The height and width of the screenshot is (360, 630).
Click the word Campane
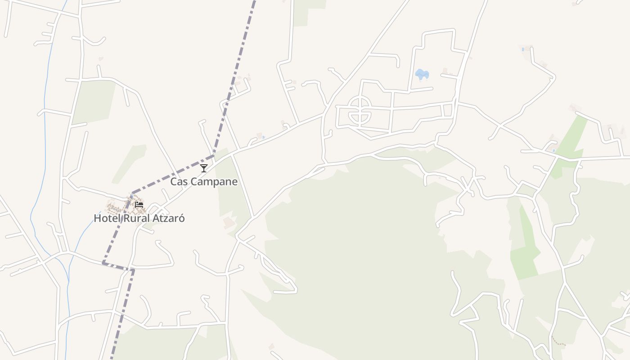coord(213,182)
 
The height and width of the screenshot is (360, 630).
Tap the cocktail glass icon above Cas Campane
coord(204,168)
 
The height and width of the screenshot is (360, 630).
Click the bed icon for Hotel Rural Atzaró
coord(139,204)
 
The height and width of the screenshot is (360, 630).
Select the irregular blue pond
coord(422,74)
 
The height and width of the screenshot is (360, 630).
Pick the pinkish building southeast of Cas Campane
coord(229,222)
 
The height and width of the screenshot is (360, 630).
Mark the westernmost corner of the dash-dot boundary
coord(103,262)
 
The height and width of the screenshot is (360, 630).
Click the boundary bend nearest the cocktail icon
coord(213,156)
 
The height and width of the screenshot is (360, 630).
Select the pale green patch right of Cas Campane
coord(232,189)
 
